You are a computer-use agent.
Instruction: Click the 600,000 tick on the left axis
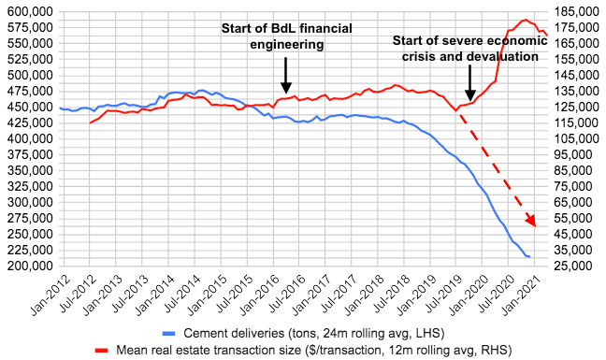(x=28, y=11)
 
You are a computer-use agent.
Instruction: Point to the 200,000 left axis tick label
(x=28, y=266)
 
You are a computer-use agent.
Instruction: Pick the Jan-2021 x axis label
(x=520, y=288)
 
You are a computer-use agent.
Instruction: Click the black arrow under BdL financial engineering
(x=286, y=72)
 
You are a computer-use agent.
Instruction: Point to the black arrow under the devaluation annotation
(x=470, y=83)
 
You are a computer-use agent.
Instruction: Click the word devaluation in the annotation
(x=504, y=57)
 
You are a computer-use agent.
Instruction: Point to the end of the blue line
(x=529, y=256)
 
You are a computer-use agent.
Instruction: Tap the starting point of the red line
(x=90, y=122)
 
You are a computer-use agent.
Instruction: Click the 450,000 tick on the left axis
(x=28, y=107)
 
